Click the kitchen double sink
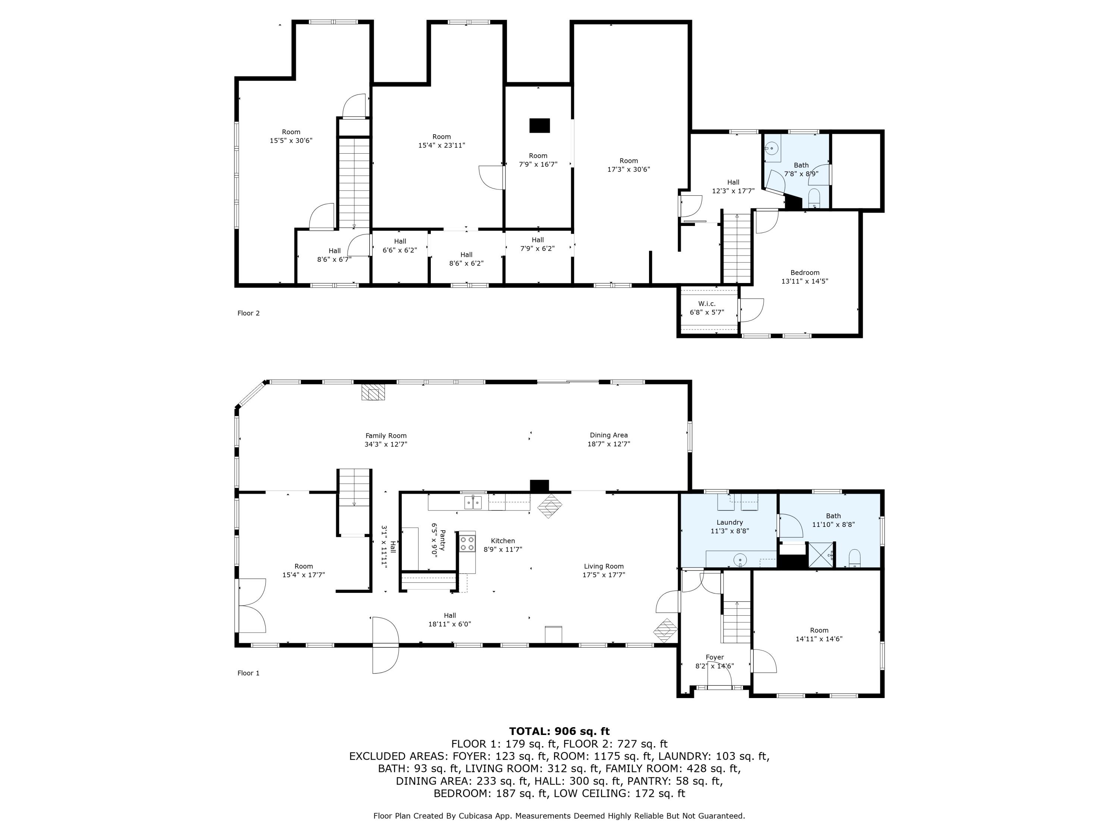473,503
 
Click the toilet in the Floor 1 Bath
855,558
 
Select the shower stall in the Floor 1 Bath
822,555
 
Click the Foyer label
715,662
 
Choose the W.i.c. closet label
707,308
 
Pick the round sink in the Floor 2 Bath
772,149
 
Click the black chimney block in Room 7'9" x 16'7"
540,125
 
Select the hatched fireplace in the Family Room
373,392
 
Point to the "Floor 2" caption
248,313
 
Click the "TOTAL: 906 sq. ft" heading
559,731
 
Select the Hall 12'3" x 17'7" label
733,186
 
